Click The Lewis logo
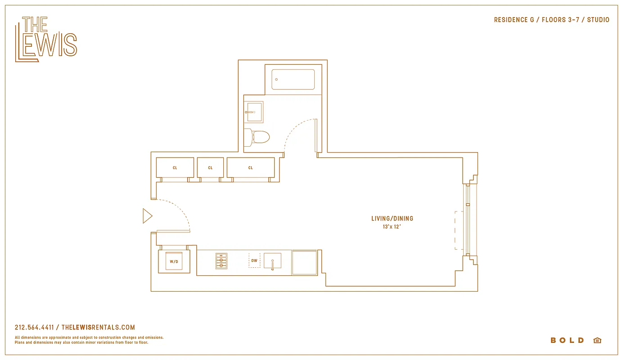point(46,40)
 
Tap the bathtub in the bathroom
point(293,80)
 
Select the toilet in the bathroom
point(259,136)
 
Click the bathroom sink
point(254,112)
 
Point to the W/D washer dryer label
point(174,261)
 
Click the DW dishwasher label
point(254,261)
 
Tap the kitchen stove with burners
point(221,261)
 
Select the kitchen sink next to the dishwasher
point(272,261)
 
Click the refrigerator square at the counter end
point(304,262)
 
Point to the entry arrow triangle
point(147,216)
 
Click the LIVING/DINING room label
point(392,219)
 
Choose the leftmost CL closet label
point(175,168)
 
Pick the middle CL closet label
point(210,168)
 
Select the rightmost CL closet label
point(251,168)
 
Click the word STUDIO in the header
point(598,20)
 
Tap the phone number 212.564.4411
point(34,328)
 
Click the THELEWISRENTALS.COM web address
point(98,328)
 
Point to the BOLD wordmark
point(567,341)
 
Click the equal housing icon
point(597,341)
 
